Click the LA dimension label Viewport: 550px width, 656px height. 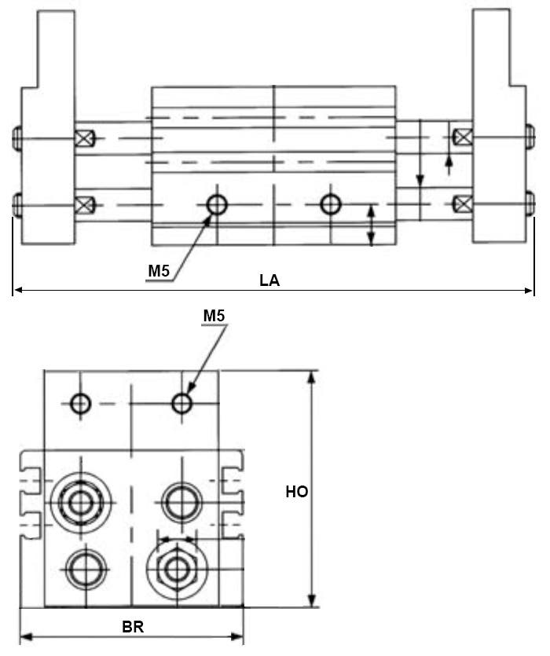(269, 280)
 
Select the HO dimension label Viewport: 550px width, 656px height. (296, 493)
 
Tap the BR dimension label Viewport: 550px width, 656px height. (132, 628)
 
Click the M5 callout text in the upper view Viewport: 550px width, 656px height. (159, 271)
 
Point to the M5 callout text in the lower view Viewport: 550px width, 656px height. (214, 316)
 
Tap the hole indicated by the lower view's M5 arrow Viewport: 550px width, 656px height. (182, 404)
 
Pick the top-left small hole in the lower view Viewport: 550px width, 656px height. (80, 404)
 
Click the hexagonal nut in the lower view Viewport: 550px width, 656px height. (178, 566)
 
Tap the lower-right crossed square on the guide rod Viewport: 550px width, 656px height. (463, 206)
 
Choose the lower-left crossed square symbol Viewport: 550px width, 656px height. (83, 206)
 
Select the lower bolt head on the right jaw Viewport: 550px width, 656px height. (529, 206)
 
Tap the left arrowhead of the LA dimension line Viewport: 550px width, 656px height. (16, 291)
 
